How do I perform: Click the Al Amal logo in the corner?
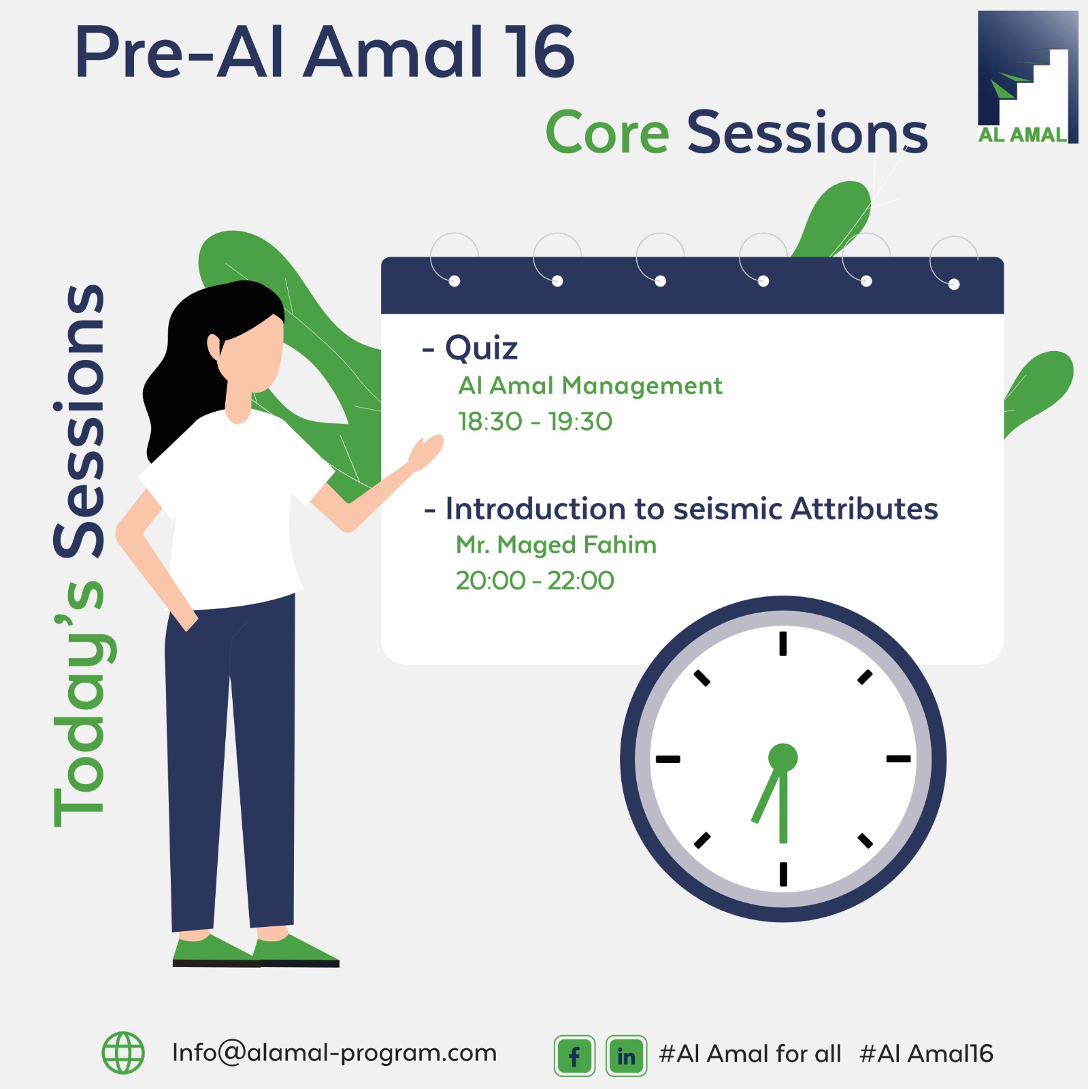[1027, 77]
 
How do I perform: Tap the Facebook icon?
[574, 1056]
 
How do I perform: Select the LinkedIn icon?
[626, 1056]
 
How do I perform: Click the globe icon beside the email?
[123, 1053]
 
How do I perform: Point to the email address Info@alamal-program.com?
[335, 1053]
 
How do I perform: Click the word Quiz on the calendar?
[481, 348]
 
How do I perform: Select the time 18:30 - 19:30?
[535, 421]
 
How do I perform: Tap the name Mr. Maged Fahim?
[556, 544]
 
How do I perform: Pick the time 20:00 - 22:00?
[535, 581]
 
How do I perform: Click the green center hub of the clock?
[782, 758]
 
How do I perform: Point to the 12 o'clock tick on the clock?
[783, 643]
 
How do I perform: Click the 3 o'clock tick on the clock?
[898, 758]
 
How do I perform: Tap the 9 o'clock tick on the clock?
[667, 758]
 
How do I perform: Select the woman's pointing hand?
[425, 453]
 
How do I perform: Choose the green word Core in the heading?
[608, 132]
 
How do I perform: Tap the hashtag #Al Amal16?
[926, 1054]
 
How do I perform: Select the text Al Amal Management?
[590, 385]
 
